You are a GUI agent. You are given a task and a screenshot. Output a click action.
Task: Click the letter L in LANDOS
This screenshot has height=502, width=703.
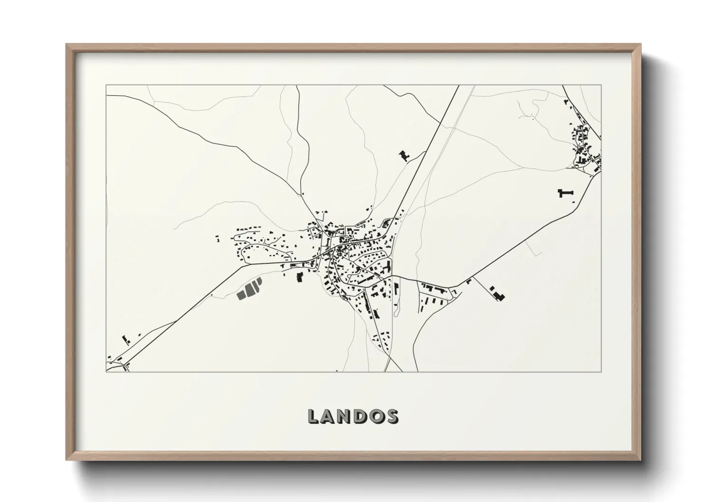point(314,416)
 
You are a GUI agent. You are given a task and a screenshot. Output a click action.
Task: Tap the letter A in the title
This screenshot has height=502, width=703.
point(331,416)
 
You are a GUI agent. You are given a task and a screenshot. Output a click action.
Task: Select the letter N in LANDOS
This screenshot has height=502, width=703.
point(350,416)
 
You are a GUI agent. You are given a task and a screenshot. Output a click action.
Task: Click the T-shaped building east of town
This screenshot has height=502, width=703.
point(565,193)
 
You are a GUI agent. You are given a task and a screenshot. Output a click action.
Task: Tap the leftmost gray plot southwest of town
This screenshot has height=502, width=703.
point(241,294)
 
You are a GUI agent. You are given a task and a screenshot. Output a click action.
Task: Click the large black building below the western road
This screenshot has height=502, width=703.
point(299,277)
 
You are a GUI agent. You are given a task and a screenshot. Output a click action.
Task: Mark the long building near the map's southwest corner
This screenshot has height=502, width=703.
point(126,339)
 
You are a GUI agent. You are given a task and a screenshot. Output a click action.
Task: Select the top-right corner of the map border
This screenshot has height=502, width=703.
point(601,85)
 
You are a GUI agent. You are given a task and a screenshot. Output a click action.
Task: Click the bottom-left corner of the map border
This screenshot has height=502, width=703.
point(106,372)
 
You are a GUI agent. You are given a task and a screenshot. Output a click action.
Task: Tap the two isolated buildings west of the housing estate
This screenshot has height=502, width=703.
point(218,239)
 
